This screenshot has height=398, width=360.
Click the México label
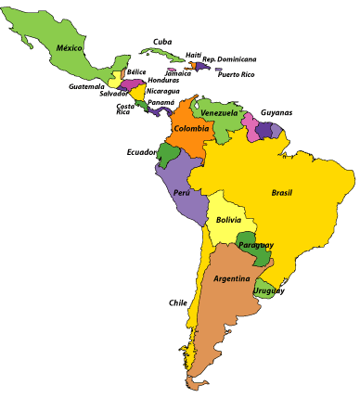click(70, 47)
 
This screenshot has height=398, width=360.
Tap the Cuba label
click(163, 41)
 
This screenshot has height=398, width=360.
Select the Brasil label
click(282, 193)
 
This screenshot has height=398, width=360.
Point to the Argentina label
click(231, 278)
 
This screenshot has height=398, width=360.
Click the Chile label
click(178, 302)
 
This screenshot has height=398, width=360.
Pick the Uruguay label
click(271, 290)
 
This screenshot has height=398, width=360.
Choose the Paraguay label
click(254, 245)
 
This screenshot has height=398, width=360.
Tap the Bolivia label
click(228, 220)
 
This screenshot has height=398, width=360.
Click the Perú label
click(183, 193)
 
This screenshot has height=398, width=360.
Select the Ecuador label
click(142, 152)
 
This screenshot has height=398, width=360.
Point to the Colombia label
click(189, 129)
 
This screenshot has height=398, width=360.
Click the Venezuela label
click(220, 113)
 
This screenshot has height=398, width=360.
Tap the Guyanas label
click(276, 112)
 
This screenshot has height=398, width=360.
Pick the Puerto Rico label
click(234, 73)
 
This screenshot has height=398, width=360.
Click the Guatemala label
click(86, 86)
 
